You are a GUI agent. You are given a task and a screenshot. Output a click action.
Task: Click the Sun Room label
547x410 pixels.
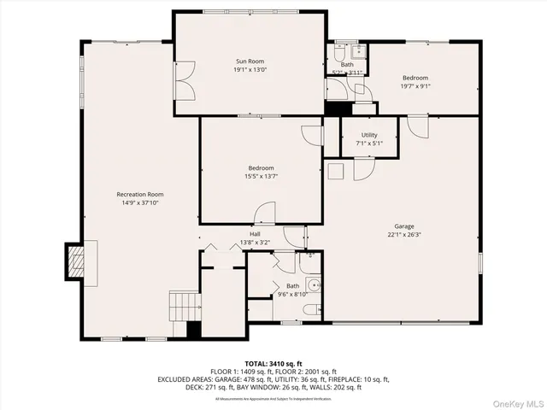coord(250,61)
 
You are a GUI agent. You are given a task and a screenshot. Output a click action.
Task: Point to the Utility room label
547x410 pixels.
coord(369,135)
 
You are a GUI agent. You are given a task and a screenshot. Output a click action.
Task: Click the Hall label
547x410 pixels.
coord(255,234)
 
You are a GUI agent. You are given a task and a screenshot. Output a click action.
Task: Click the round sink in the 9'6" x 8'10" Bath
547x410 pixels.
coord(315,285)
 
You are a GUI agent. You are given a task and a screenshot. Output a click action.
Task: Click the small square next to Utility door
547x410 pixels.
coord(336,171)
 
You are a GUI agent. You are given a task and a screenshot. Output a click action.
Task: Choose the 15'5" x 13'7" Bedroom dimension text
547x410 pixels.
coord(262,177)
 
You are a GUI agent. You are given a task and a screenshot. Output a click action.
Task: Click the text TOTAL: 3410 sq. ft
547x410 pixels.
coord(273,364)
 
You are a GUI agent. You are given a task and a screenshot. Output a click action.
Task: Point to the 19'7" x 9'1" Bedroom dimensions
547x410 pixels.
coord(415,86)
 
